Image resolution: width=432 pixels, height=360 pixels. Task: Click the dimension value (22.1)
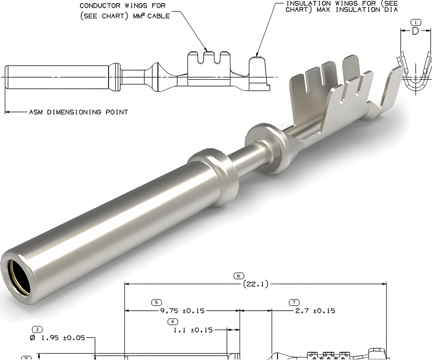coord(256,284)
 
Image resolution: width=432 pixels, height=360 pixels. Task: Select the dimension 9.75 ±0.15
coord(182,311)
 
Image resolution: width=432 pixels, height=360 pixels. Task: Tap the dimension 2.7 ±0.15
coord(315,311)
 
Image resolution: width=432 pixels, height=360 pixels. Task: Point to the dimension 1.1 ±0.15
coord(193,330)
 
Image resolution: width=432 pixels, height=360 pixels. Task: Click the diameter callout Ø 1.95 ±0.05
coord(57,338)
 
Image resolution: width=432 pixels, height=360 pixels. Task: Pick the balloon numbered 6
coord(239,276)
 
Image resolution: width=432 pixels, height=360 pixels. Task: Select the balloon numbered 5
coord(156,303)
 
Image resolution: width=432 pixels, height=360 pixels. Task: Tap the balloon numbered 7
coord(294,303)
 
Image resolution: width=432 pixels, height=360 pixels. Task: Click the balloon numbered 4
coord(173,322)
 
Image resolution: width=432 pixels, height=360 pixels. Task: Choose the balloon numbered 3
coord(37,329)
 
